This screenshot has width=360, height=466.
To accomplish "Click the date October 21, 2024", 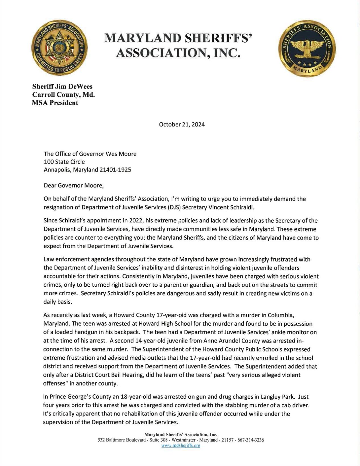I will coord(182,124).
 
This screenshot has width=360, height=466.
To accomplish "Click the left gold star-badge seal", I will coord(59,48).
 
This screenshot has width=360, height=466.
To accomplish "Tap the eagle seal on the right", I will coord(307,48).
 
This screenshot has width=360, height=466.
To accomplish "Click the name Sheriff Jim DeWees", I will coord(62,86).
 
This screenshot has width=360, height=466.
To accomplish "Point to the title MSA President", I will coord(55,103).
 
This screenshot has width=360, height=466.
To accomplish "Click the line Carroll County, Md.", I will coord(63,94).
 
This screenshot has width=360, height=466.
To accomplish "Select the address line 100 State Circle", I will coord(64,162).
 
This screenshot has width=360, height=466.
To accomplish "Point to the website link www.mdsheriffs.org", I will coord(181,446).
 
